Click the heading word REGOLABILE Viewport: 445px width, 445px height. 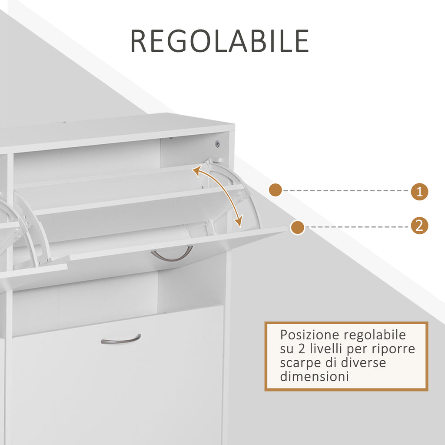pos(219,41)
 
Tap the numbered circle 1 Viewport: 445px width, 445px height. pos(419,192)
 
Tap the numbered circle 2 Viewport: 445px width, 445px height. pos(419,226)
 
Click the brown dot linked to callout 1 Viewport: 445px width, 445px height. pos(275,190)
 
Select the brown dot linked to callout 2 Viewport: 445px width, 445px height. pos(297,227)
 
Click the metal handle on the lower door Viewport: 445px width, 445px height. pos(121,339)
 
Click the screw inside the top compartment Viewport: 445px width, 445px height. pos(217,144)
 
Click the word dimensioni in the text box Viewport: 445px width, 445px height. pos(315,377)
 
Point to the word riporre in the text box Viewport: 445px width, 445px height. pos(396,349)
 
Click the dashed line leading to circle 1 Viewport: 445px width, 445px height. pos(346,190)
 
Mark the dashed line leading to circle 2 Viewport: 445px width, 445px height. pos(358,227)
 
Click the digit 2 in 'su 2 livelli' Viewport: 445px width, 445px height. pos(302,349)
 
